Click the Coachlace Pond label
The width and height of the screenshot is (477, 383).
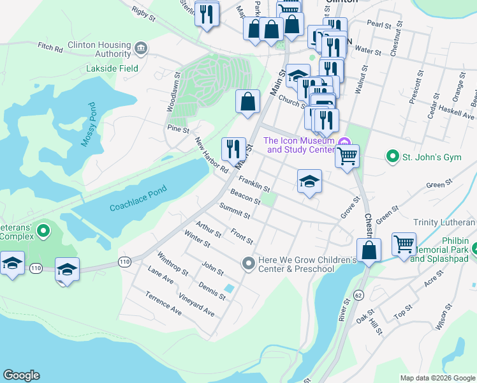tap(138, 199)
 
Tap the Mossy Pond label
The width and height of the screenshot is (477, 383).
tap(88, 124)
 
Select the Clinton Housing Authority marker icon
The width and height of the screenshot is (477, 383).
tap(141, 47)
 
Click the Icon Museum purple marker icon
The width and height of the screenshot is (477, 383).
tap(345, 142)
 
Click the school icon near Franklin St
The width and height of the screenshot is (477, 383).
tap(309, 181)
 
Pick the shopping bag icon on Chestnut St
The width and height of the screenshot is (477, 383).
tap(369, 250)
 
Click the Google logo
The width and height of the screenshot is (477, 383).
tap(21, 375)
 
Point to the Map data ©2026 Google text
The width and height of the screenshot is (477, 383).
tap(437, 378)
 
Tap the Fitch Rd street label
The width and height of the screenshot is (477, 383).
tap(51, 47)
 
